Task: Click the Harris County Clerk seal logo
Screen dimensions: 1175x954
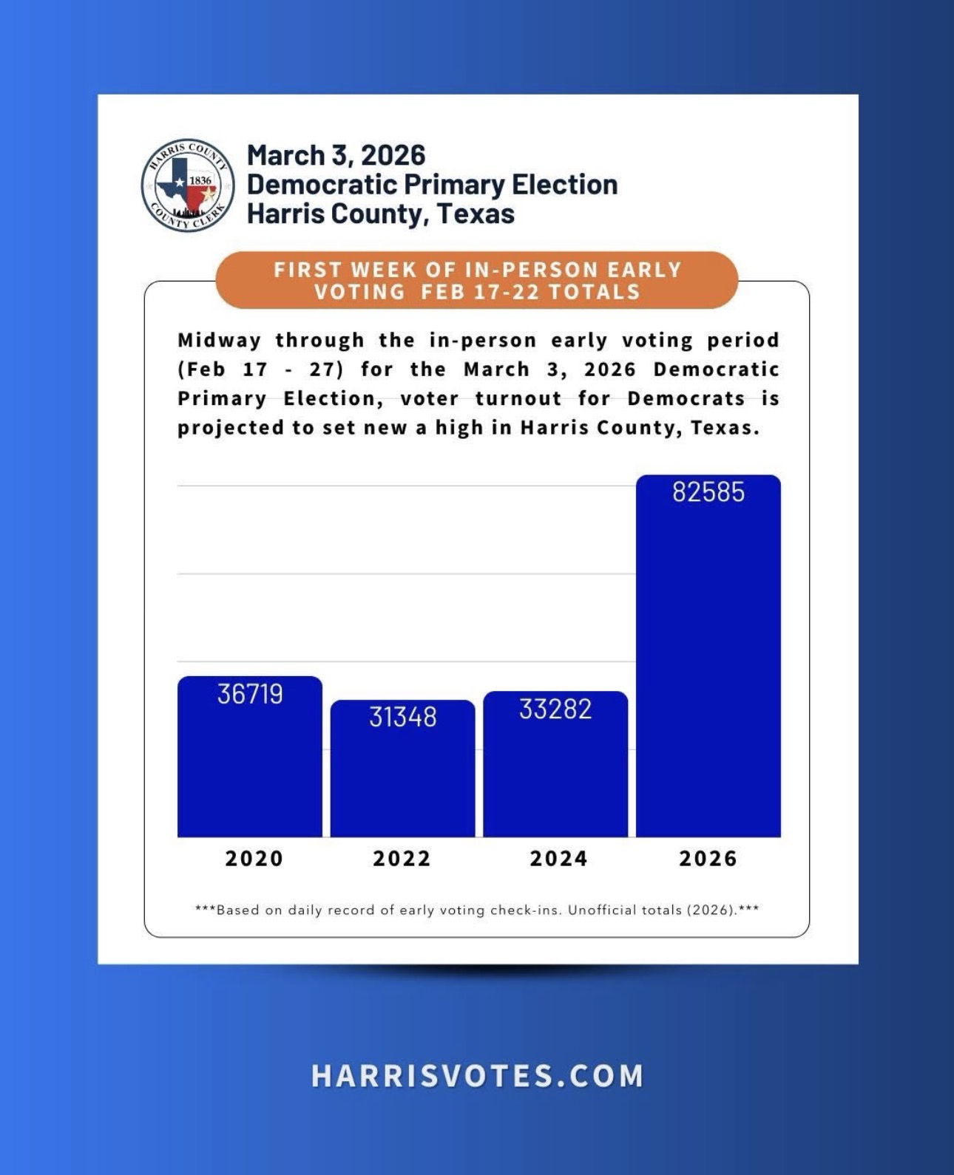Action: tap(188, 185)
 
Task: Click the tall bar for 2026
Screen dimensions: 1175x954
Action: tap(708, 665)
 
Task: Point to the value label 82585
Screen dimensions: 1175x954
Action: tap(708, 492)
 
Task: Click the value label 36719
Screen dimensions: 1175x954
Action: tap(250, 694)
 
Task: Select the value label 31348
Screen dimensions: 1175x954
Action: tap(402, 717)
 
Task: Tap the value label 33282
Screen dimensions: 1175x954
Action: tap(555, 709)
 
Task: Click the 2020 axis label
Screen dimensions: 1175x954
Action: tap(254, 859)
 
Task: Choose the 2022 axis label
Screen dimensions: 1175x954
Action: tap(402, 859)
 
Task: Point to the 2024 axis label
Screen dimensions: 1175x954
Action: tap(558, 859)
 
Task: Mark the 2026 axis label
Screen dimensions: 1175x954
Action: tap(708, 859)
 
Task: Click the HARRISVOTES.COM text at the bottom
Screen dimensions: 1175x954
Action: tap(477, 1076)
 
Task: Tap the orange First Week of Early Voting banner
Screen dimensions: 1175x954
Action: tap(477, 280)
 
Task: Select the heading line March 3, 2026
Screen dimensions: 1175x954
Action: tap(336, 155)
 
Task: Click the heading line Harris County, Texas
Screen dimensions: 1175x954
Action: tap(380, 214)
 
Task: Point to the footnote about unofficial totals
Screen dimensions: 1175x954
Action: tap(477, 910)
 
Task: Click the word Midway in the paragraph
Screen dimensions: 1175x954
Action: tap(219, 341)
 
